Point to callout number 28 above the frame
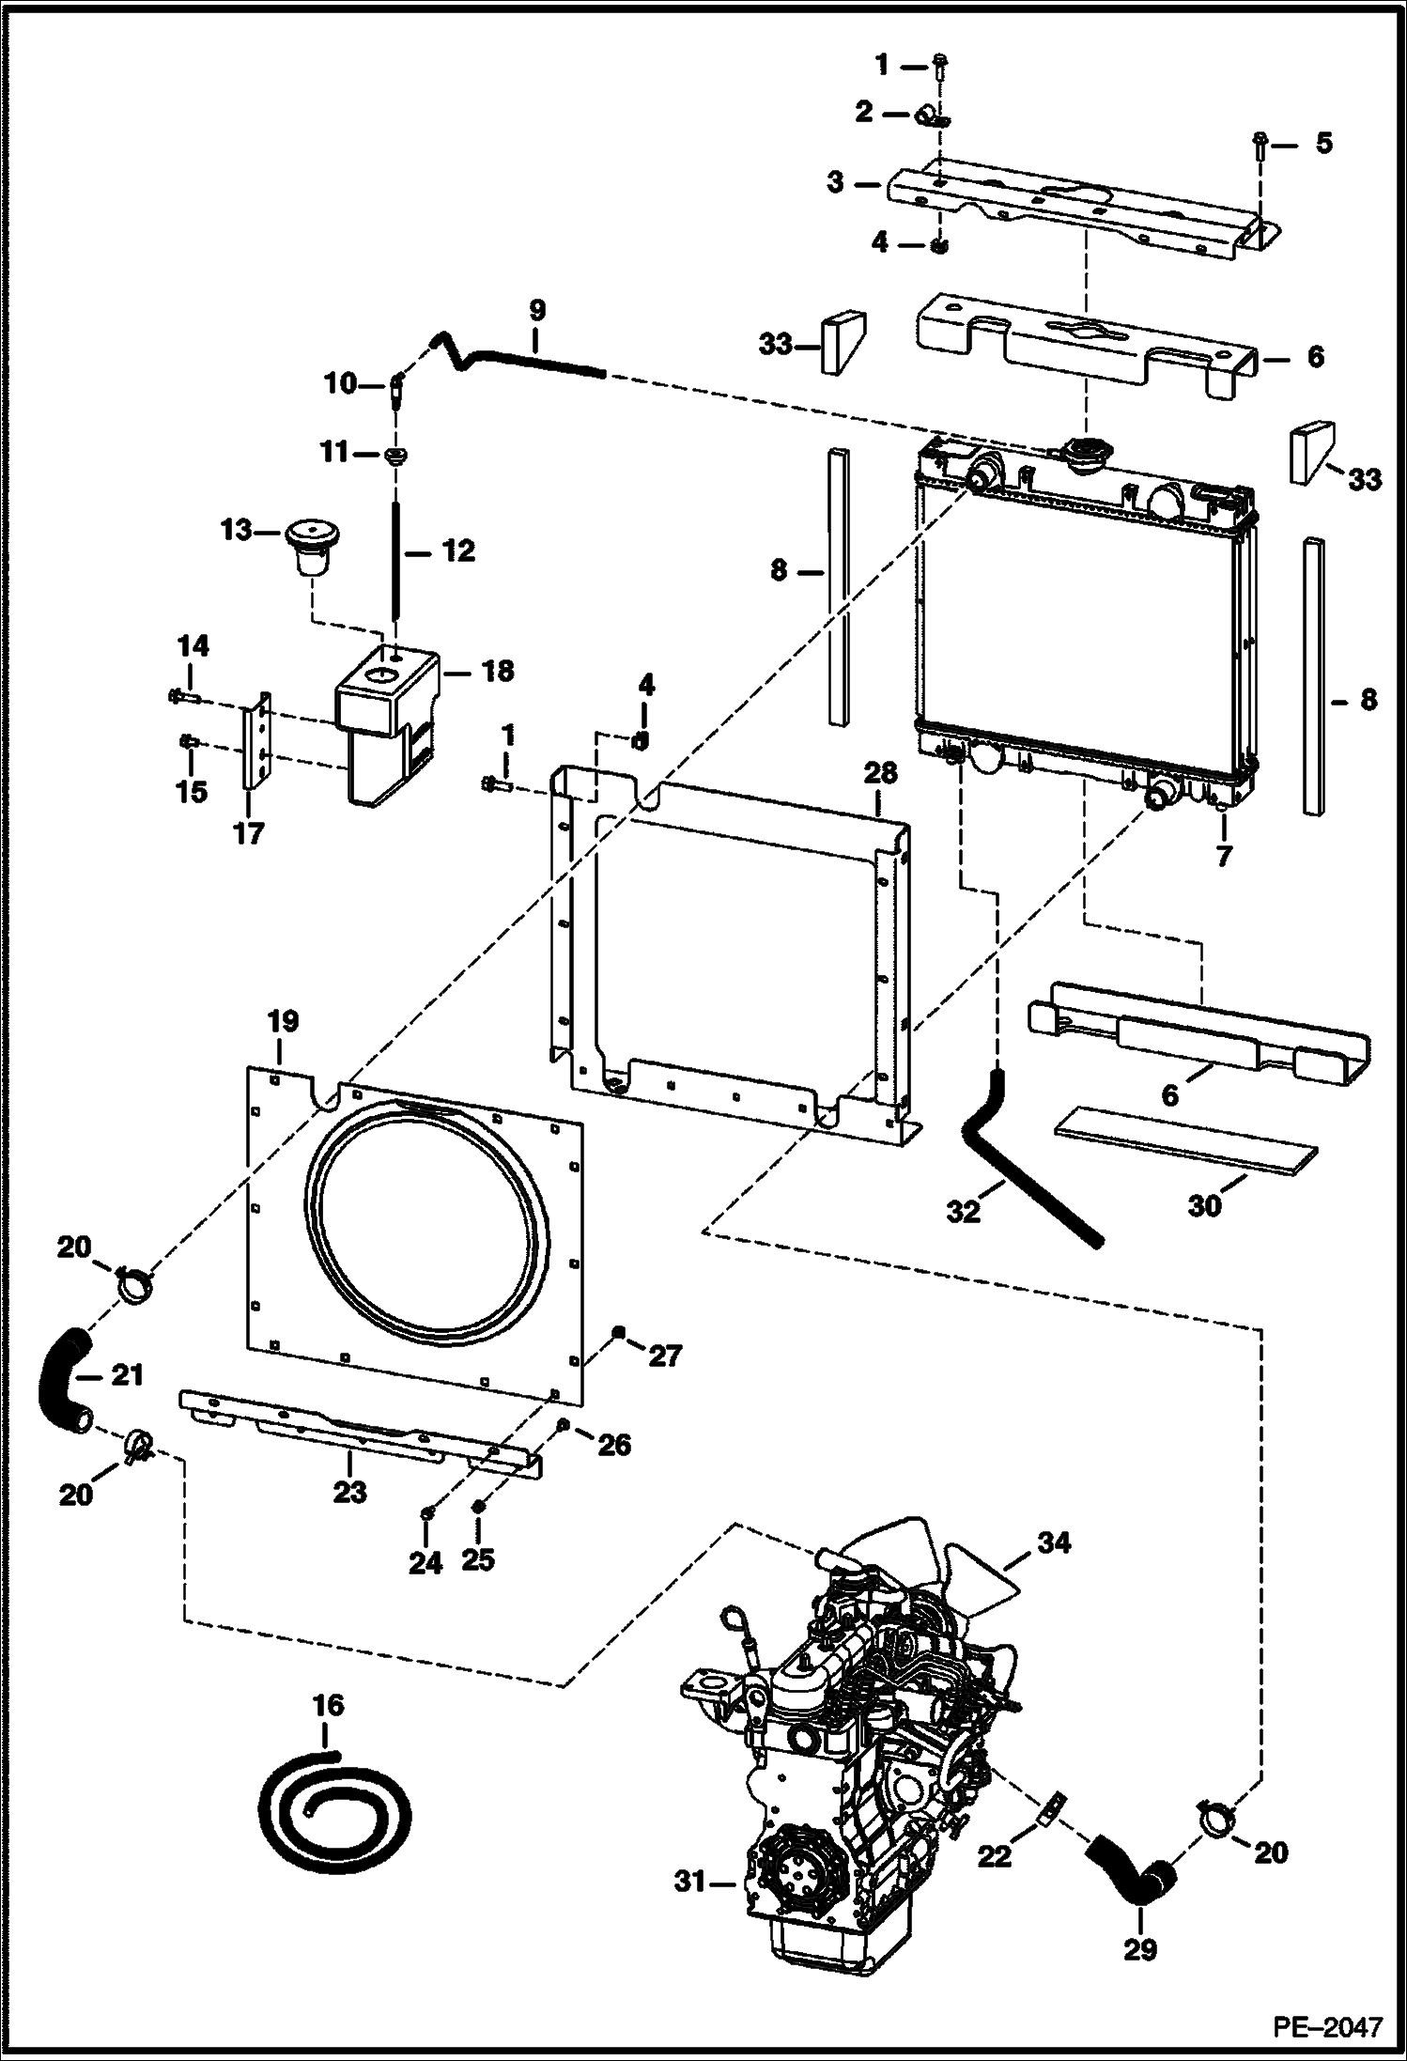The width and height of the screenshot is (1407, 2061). coord(880,773)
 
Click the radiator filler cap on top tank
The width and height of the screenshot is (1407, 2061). coord(1085,451)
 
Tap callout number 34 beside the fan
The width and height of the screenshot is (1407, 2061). coord(1052,1542)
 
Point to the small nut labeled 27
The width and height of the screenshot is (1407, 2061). coord(618,1330)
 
